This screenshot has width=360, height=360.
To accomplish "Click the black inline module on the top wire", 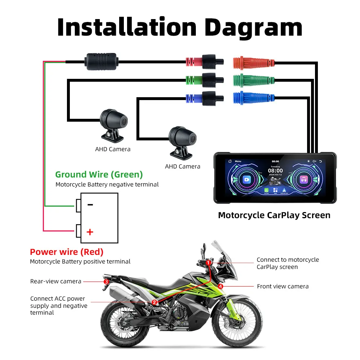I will [101, 62].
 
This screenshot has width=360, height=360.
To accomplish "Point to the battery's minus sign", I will [90, 205].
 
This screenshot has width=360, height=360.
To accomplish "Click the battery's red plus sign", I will [90, 231].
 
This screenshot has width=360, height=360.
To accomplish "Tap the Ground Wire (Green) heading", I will [99, 175].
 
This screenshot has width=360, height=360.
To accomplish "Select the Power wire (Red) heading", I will [67, 252].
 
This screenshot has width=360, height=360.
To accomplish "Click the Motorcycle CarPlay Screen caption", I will [274, 215].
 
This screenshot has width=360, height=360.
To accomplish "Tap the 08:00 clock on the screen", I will [275, 171].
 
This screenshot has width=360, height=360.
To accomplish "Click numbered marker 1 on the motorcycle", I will [208, 263].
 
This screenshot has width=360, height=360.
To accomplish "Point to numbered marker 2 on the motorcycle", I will [154, 302].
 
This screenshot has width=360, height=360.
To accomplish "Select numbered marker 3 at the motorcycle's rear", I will [106, 282].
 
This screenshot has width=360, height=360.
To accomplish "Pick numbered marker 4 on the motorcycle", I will [221, 286].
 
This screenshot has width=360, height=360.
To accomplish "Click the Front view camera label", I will [283, 287].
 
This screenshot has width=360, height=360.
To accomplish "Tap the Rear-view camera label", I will [56, 281].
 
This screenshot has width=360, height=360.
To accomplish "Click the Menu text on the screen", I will [238, 162].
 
